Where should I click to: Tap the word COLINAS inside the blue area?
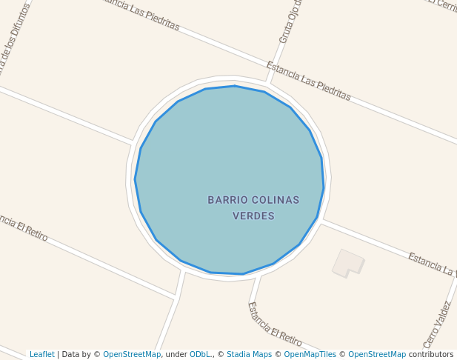(276, 200)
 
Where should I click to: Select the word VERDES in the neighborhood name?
(253, 216)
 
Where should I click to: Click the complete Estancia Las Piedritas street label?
(308, 81)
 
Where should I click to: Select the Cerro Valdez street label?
(437, 324)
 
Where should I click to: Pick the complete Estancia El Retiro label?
(275, 324)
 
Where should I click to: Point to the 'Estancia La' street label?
(432, 264)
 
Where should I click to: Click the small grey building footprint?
(348, 263)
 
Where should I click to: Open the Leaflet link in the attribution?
(42, 354)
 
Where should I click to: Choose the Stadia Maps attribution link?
(249, 354)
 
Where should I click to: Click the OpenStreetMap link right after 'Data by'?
(132, 354)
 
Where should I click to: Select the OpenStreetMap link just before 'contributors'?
(377, 354)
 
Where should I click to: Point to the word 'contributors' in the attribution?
(430, 354)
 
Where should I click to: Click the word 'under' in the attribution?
(176, 354)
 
